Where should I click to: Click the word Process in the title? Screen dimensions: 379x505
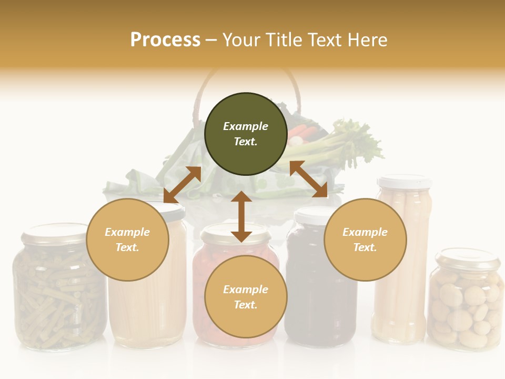coord(165,40)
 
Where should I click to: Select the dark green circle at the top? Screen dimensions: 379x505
coord(246,134)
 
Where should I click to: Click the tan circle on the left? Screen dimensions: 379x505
coord(127,240)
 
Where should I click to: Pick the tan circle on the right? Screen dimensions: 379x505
coord(365,240)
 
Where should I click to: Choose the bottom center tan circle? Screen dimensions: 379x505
coord(246,297)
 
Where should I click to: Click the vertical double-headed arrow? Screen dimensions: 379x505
coord(241,216)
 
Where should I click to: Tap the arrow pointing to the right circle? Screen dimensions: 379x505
coord(309,179)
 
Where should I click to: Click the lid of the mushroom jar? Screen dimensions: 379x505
coord(467,258)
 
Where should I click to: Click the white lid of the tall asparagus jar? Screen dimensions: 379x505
coord(404,182)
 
